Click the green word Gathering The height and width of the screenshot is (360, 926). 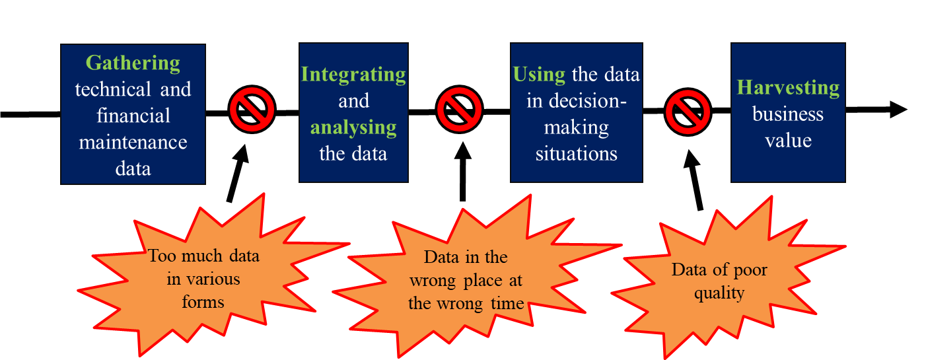pos(133,63)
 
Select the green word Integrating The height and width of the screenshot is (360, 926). pos(353,75)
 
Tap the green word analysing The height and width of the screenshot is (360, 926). pos(354,127)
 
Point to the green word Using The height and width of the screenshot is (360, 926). pos(540,75)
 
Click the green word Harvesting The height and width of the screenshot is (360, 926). pos(788,88)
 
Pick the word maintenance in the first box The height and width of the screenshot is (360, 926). pos(133,142)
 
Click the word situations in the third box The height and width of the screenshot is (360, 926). pos(576,154)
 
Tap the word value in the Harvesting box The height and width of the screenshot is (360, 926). pos(788,140)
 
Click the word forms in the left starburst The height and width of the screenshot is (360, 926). pos(204,303)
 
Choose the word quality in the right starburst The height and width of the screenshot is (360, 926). pos(719,293)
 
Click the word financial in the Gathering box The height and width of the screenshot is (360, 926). pos(133,116)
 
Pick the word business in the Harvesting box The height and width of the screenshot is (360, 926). pos(788,114)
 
